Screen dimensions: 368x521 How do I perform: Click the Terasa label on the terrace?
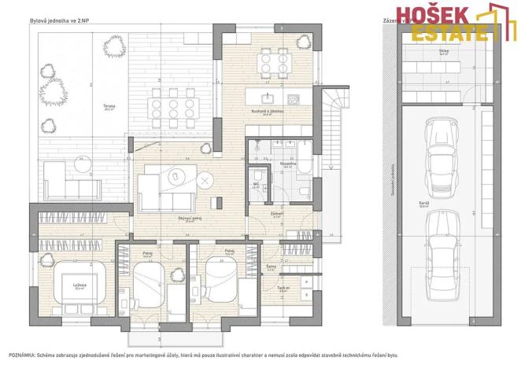coord(110,107)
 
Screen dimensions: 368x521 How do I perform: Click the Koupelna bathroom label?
coord(286,164)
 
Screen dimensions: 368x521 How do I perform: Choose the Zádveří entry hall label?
coord(278,212)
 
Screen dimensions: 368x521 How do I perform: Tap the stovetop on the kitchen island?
coord(293,99)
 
